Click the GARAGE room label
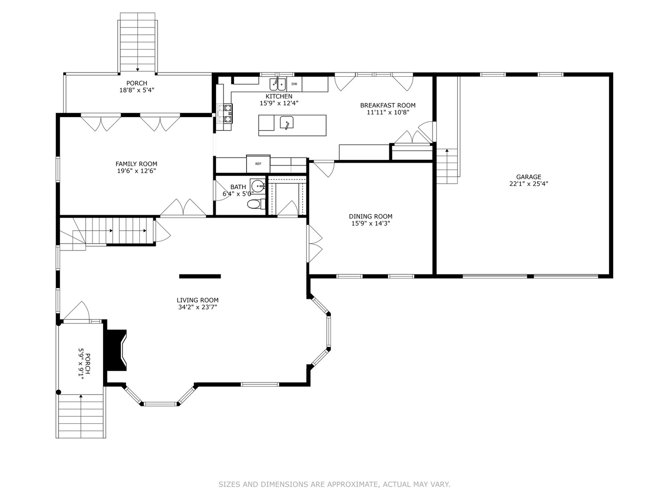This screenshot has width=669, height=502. tap(529, 177)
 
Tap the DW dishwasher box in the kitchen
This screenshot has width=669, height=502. tap(294, 84)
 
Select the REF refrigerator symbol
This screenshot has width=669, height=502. tap(258, 164)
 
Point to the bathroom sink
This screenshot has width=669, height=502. tap(258, 186)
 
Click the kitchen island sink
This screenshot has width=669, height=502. tap(287, 123)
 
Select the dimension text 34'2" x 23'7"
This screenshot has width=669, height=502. tap(197, 307)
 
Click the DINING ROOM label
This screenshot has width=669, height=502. tap(371, 216)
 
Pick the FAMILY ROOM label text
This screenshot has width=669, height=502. tap(136, 164)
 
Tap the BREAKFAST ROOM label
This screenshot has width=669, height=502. tap(388, 106)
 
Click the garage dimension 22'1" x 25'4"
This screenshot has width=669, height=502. tap(529, 184)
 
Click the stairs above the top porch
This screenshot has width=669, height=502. tap(138, 42)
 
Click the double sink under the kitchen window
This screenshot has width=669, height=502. tap(278, 85)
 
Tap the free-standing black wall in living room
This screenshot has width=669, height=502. tap(200, 277)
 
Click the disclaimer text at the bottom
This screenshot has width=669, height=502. tap(334, 484)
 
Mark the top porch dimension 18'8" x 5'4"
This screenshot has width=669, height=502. tap(137, 90)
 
